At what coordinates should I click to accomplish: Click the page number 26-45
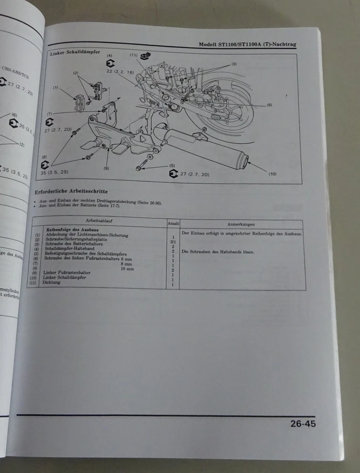[302, 423]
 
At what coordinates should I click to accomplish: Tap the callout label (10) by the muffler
[272, 174]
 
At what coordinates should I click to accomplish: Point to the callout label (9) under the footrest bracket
[106, 169]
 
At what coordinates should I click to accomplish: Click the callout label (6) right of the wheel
[269, 105]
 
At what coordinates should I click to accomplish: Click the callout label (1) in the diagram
[56, 88]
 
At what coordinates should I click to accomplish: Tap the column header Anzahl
[173, 224]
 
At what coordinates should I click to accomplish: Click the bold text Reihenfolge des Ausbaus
[73, 230]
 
